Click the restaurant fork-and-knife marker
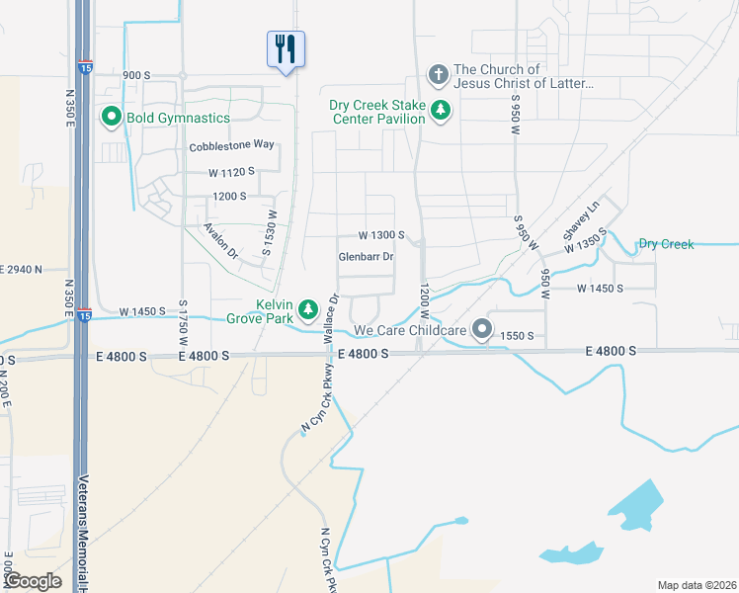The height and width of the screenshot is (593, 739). pos(286,48)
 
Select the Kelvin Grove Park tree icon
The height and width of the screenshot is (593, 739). pos(308,311)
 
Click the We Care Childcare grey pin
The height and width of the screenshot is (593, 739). pos(482,329)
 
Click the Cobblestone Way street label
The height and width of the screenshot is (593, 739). pos(231,144)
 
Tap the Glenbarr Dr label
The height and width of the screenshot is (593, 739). pos(367,257)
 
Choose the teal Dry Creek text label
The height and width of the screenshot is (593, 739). pos(666,244)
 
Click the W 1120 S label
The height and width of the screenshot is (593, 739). pos(231,171)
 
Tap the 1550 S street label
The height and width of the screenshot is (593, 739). pos(517,336)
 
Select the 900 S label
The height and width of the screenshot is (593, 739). pos(136,75)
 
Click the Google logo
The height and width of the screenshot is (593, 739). pos(34,581)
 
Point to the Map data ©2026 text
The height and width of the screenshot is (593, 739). pos(696,585)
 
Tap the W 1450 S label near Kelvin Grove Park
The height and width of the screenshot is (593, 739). pos(142,311)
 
